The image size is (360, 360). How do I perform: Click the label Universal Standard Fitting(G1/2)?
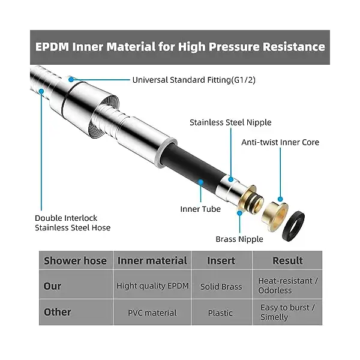pos(194,80)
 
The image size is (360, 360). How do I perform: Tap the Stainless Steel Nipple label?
pos(230,122)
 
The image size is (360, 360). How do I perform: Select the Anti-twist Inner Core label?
pos(280,142)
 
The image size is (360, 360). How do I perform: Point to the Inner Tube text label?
pos(200,209)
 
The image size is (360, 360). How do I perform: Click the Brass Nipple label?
pos(239,239)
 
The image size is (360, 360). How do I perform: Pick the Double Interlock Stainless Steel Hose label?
pos(73,223)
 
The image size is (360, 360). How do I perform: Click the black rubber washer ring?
pos(293,226)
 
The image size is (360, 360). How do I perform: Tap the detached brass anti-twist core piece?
pos(275,216)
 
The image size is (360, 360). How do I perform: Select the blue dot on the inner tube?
pos(200,182)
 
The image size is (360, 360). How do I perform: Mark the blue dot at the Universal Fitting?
pos(71,79)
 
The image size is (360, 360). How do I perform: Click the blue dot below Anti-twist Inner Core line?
pos(280,199)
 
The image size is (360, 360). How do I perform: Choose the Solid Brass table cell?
pos(221,286)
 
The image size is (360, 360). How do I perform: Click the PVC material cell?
pos(152,313)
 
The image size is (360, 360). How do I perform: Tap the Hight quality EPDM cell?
pos(152,286)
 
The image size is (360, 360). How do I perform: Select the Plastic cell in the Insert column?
pos(220,313)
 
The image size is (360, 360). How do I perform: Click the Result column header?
pos(287,260)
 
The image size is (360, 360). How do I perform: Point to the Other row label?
pos(58,312)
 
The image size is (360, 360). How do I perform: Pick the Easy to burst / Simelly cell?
pos(287,312)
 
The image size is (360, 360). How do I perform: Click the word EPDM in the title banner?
pos(52,47)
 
